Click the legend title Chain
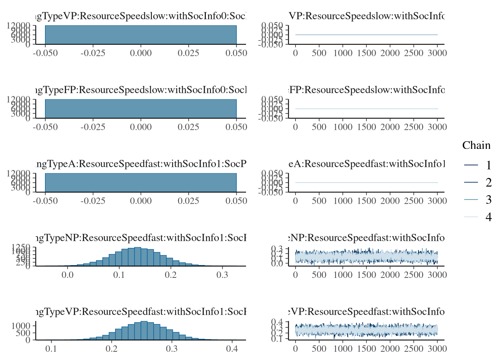coord(476,145)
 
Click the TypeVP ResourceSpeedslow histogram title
coord(141,16)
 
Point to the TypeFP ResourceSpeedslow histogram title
coord(141,90)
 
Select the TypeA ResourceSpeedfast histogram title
coord(141,164)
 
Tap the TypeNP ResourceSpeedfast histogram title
coord(141,238)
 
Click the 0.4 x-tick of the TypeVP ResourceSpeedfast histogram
coord(232,349)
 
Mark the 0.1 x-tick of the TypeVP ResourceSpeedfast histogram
coord(51,349)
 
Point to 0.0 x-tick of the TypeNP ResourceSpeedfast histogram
coord(67,275)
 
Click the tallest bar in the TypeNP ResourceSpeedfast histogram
coord(138,256)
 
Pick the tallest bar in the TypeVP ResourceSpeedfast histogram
coord(144,330)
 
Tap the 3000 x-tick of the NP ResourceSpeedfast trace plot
coord(437,275)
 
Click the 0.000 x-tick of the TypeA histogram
coord(141,201)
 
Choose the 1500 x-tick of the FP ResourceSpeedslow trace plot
coord(366,127)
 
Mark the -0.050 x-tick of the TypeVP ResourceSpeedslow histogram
coord(45,53)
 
